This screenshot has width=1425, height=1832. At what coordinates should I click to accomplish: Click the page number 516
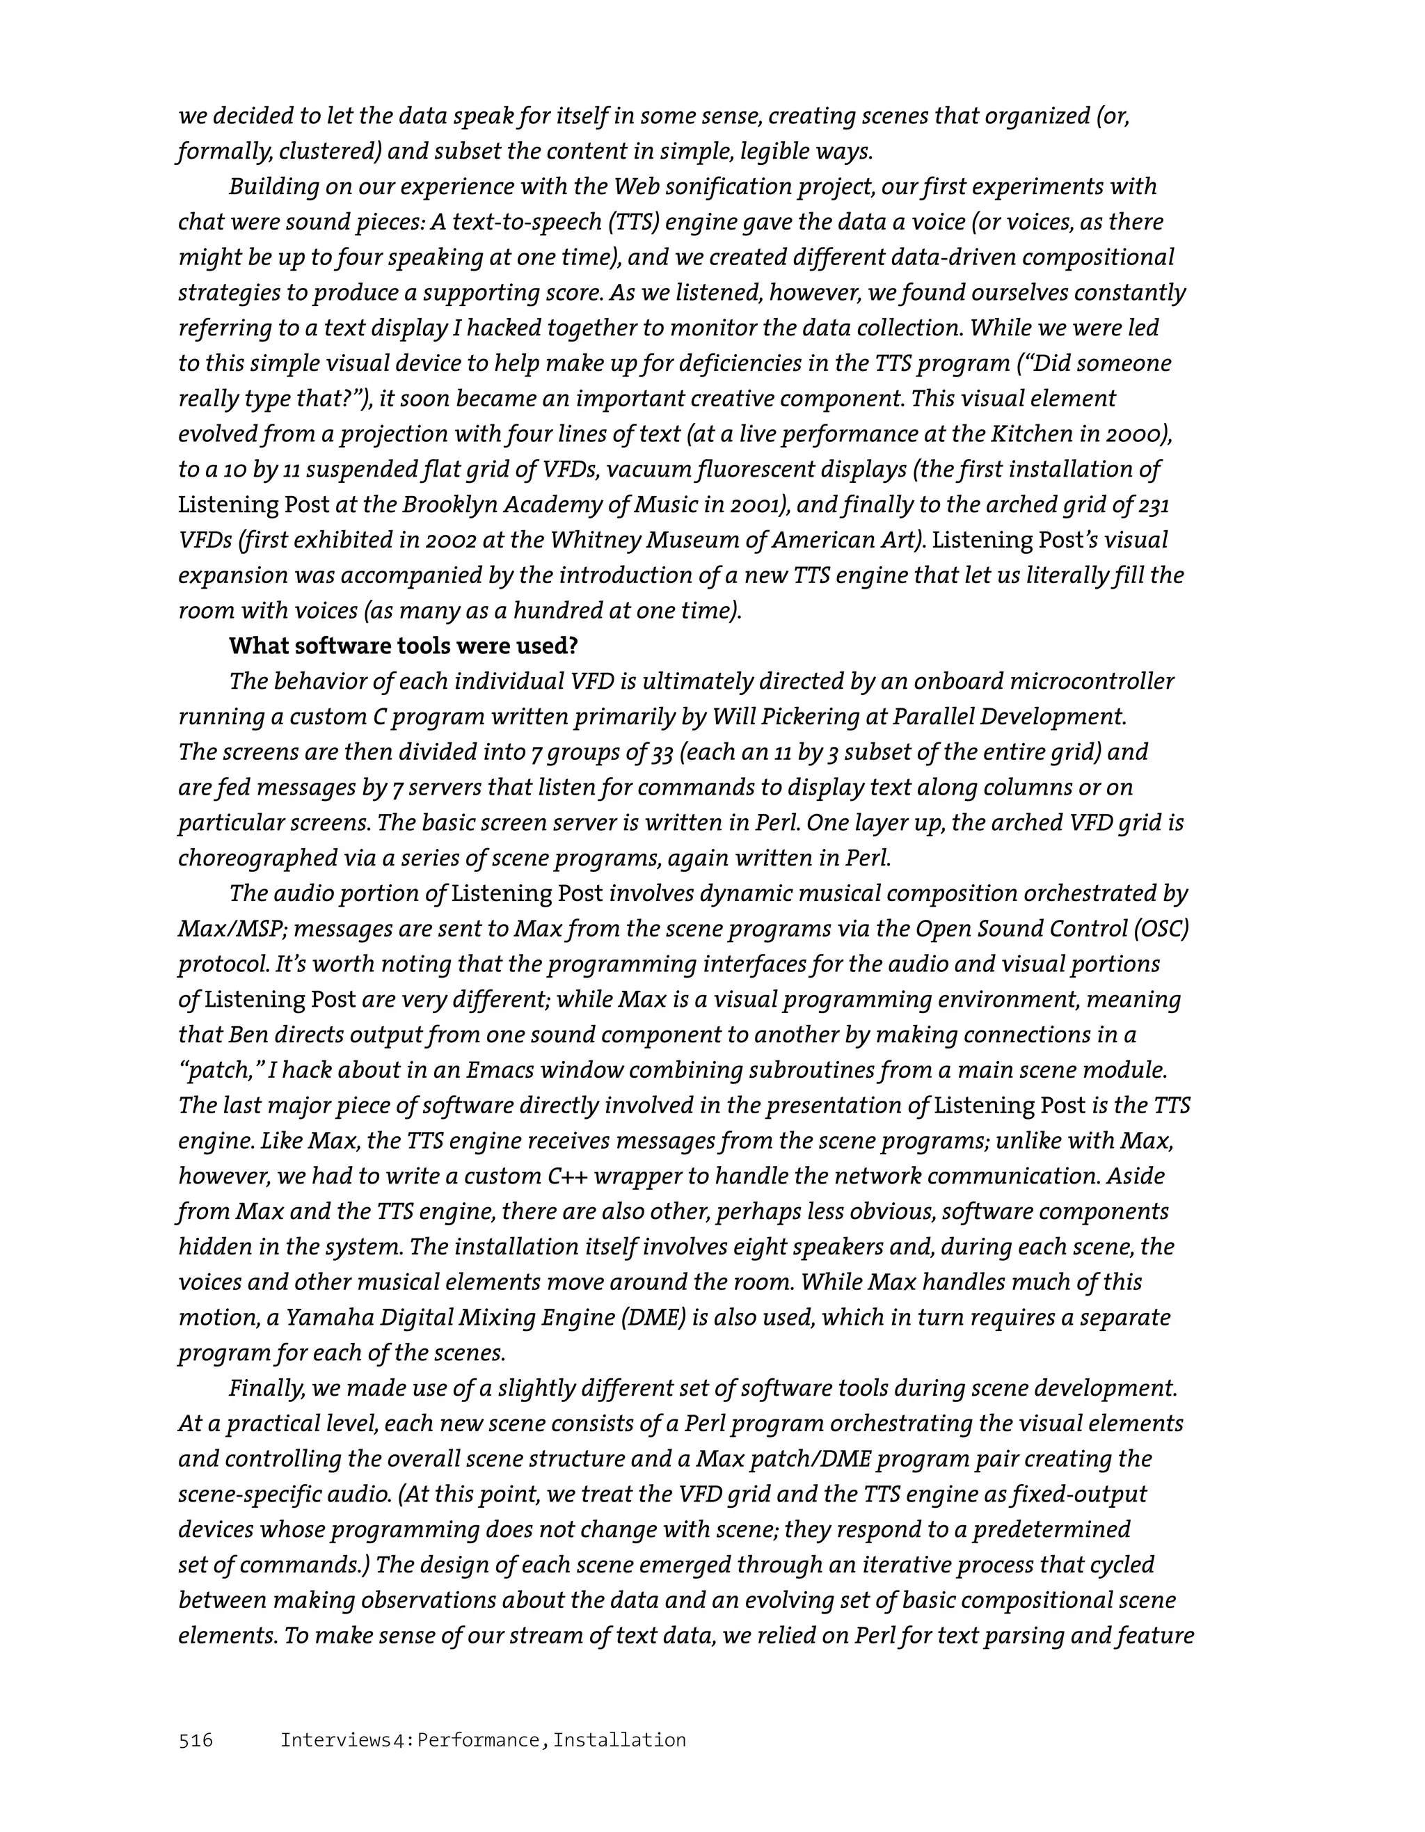196,1739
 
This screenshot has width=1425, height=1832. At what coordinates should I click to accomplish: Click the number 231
1154,505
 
